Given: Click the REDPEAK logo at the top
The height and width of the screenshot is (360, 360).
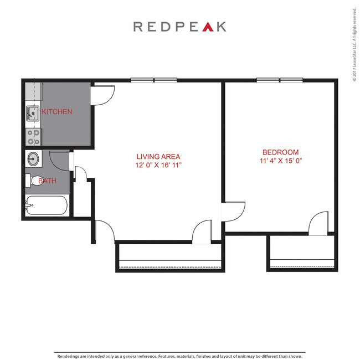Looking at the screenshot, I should point(179,27).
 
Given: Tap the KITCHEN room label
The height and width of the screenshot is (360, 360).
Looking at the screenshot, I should point(57,112).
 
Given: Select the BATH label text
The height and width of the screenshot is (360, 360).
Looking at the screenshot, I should point(47,181).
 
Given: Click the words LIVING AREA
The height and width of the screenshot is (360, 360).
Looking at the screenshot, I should point(158,157).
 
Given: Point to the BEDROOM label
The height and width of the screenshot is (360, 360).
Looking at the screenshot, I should point(280,152).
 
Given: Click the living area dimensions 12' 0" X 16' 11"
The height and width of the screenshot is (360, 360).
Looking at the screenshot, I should point(158,165).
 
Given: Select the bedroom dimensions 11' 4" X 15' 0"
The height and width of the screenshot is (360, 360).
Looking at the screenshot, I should point(280,161).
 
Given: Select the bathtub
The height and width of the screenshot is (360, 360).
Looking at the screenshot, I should point(47,206).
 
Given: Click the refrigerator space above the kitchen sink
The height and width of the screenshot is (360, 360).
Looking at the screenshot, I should point(32,92).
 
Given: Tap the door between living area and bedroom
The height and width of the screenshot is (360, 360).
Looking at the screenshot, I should point(233,211).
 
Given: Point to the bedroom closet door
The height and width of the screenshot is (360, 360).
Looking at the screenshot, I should point(319,223).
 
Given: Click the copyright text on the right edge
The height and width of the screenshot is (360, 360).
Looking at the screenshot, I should point(354,44).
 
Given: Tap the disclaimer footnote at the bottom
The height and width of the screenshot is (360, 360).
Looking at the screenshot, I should point(179,356).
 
